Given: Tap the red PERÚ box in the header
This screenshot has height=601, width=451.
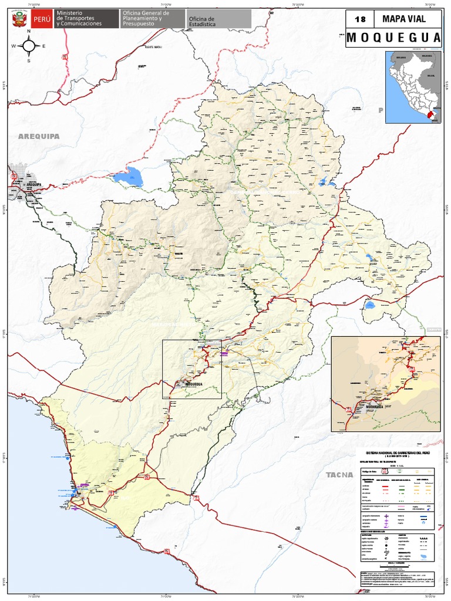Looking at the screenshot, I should coord(41,19).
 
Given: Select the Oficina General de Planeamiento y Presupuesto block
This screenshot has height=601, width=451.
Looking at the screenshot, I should coord(146,18).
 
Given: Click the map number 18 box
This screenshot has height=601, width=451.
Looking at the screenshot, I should coord(359,19).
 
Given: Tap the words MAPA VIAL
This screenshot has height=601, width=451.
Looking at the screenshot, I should coord(403,19).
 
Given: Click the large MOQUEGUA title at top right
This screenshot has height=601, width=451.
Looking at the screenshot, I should coord(393,38).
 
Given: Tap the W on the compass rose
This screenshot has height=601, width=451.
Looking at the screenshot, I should coord(14,46).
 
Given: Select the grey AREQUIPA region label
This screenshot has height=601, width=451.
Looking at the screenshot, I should coord(39,136).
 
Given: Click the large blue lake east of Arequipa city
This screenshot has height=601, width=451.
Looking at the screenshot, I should coord(128,176).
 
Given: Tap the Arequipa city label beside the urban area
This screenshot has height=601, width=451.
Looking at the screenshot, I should coord(36,184).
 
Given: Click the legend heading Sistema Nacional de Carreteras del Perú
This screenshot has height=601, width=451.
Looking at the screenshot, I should coord(398,454).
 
